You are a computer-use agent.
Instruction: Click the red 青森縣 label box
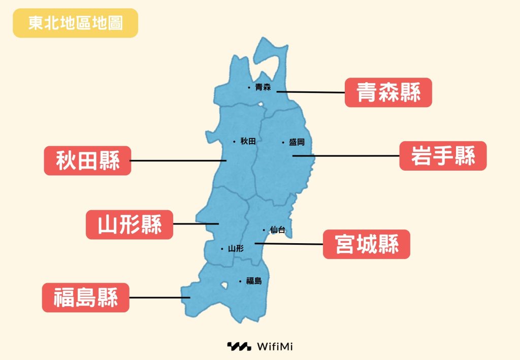coord(388,92)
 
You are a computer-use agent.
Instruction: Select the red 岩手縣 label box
coord(443,156)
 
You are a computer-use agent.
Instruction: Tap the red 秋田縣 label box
coord(87,160)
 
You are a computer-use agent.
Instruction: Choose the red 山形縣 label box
coord(129,224)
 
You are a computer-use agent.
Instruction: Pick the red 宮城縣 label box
coord(366,244)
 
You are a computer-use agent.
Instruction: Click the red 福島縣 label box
coord(85,298)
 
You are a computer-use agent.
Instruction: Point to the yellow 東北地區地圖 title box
coord(75,23)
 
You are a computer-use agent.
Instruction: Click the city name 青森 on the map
coord(263,87)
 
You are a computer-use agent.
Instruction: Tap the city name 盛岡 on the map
coord(297,143)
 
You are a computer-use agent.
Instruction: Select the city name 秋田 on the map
coord(248,141)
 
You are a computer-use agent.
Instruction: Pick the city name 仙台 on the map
coord(278,230)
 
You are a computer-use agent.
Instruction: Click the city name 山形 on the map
coord(236,249)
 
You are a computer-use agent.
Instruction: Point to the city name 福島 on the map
coord(253,281)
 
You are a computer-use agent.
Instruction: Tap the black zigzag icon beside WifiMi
coord(239,347)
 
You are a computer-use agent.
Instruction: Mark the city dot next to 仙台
coord(264,230)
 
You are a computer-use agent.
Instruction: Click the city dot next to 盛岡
coord(283,143)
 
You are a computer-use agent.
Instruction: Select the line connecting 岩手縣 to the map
coord(345,156)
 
